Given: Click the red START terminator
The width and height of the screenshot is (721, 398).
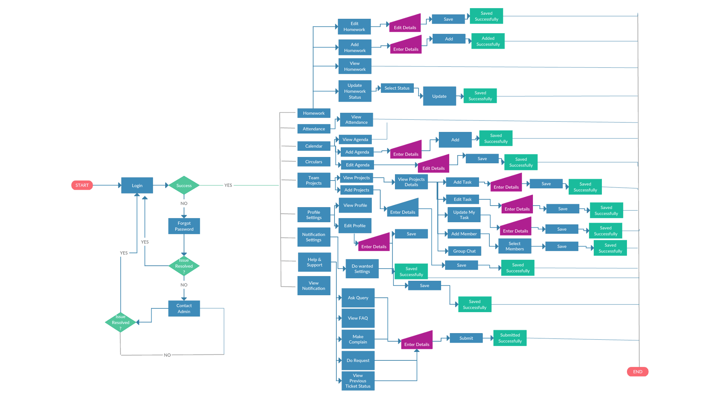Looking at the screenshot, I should tap(82, 185).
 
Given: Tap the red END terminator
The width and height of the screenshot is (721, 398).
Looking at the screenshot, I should tap(637, 371).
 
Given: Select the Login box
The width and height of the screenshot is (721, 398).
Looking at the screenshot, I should tap(137, 185).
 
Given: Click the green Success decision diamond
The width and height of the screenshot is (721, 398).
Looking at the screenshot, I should tap(184, 185).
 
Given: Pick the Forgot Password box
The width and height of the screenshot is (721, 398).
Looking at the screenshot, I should tap(184, 226).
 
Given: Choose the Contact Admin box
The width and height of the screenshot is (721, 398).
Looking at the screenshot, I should tap(184, 308).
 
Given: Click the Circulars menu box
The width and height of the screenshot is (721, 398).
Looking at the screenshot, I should tap(313, 162).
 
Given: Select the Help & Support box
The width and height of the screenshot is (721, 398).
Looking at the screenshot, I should tap(314, 262).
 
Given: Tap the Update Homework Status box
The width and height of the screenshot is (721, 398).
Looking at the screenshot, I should tap(355, 91).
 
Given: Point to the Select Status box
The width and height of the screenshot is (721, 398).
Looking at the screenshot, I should tap(397, 88).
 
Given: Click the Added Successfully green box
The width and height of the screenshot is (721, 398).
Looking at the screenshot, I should tap(488, 41).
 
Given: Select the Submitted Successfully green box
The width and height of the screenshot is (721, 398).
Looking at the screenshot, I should tap(510, 338).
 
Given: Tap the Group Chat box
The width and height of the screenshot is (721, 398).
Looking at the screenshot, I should tap(464, 251).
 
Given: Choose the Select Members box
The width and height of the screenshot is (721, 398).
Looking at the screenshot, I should tap(514, 246).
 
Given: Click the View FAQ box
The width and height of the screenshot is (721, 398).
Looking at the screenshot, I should tap(358, 318).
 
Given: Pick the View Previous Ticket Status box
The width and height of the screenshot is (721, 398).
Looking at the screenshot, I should tap(358, 381).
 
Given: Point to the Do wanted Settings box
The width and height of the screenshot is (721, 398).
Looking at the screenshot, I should tap(362, 269).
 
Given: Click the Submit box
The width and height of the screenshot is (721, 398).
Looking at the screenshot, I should tap(466, 338).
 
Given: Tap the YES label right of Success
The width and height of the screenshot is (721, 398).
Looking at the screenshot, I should tap(228, 185).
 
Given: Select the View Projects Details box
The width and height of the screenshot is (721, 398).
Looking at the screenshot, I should tap(411, 182).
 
